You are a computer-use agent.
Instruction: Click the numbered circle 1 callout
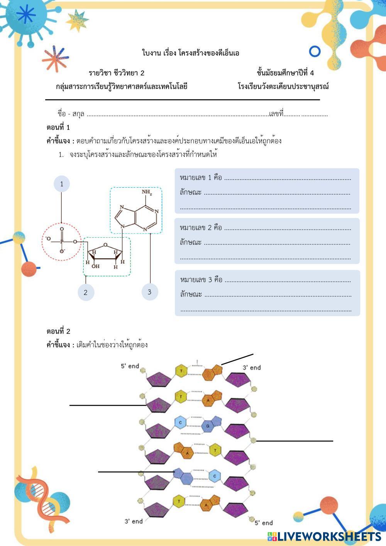pos(61,184)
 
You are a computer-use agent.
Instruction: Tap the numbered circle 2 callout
pos(86,292)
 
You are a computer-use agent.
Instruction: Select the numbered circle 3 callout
pos(150,292)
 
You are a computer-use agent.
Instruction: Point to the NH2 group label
pos(147,192)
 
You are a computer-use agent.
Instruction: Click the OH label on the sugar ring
pos(95,266)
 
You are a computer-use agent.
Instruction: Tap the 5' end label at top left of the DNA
pos(130,366)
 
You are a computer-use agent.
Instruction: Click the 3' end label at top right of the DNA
pos(251,368)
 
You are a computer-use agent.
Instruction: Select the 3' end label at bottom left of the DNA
pos(133,521)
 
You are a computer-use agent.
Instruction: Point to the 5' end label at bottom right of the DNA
pos(263,523)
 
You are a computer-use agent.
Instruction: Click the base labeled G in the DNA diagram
pos(208,426)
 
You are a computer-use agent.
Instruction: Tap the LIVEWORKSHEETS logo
pos(324,536)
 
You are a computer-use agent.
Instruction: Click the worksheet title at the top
pos(191,53)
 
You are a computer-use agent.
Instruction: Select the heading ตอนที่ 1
pos(58,127)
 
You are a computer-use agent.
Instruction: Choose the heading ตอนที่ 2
pos(58,331)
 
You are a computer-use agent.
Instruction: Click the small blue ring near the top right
pos(315,51)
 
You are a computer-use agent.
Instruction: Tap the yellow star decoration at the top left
pos(77,20)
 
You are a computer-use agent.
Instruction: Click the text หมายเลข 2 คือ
pos(201,228)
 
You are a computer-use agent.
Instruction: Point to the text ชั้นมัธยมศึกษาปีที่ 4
pos(285,73)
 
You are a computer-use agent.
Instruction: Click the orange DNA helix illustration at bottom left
pos(39,498)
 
